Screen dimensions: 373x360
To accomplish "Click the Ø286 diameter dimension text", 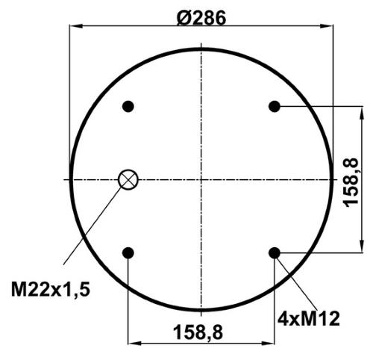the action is pyautogui.click(x=201, y=18).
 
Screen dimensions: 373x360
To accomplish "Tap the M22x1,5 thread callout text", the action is pyautogui.click(x=51, y=290).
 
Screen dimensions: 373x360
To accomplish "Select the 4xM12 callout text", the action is pyautogui.click(x=309, y=319).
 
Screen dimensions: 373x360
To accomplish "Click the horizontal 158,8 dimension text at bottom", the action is pyautogui.click(x=198, y=332).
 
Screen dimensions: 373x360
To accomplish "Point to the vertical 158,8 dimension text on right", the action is pyautogui.click(x=351, y=182).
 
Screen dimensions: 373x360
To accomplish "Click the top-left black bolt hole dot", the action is pyautogui.click(x=128, y=107).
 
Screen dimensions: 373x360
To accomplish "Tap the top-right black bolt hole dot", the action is pyautogui.click(x=275, y=107).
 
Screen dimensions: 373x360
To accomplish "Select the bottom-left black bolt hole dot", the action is pyautogui.click(x=128, y=253).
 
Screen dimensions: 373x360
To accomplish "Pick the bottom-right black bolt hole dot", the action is pyautogui.click(x=275, y=253).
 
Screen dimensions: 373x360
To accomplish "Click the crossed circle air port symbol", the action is pyautogui.click(x=128, y=179).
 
